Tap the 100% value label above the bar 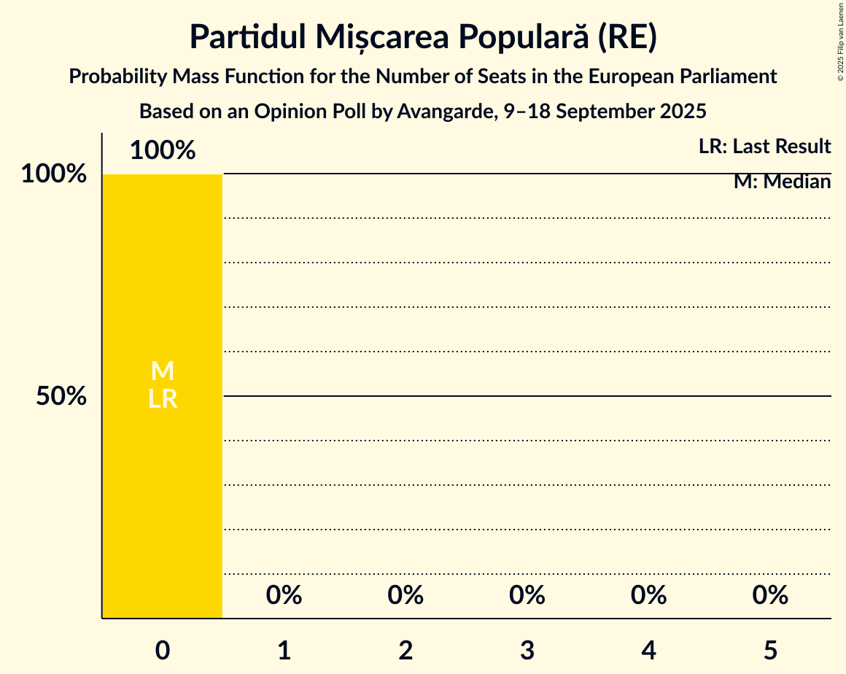point(163,150)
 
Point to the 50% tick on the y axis point(62,396)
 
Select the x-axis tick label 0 point(163,650)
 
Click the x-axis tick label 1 point(284,650)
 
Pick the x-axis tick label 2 point(405,650)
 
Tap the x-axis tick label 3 point(527,650)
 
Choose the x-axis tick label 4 point(649,650)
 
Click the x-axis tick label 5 point(770,650)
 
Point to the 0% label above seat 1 point(284,595)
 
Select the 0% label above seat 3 point(527,595)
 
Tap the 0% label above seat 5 point(770,595)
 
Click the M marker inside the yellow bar point(163,371)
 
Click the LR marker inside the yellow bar point(163,399)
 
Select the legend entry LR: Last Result point(764,147)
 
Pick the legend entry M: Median point(782,182)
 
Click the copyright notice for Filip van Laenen point(840,42)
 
